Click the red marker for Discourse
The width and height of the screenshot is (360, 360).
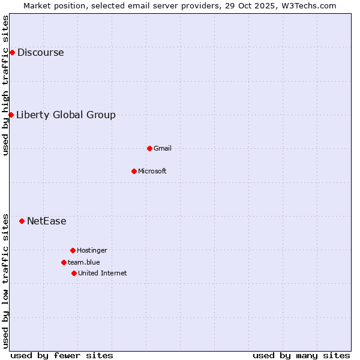pyautogui.click(x=12, y=52)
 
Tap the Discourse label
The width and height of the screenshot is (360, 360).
pyautogui.click(x=40, y=52)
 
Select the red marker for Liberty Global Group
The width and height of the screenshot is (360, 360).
pyautogui.click(x=11, y=115)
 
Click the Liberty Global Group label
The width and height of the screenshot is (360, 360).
pyautogui.click(x=66, y=115)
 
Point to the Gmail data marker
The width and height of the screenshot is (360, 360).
pyautogui.click(x=149, y=148)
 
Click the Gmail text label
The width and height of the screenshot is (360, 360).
pyautogui.click(x=163, y=148)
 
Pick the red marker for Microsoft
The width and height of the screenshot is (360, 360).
pyautogui.click(x=134, y=171)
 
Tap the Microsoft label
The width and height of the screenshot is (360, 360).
pyautogui.click(x=152, y=171)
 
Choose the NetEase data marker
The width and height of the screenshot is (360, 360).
pyautogui.click(x=22, y=221)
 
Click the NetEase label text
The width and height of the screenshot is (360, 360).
pyautogui.click(x=47, y=221)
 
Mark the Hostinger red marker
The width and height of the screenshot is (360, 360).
pyautogui.click(x=73, y=250)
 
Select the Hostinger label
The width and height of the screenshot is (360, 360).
pyautogui.click(x=92, y=250)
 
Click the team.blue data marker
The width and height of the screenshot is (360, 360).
pyautogui.click(x=64, y=262)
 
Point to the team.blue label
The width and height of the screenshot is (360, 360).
pyautogui.click(x=84, y=262)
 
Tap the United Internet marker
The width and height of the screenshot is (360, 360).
pyautogui.click(x=74, y=273)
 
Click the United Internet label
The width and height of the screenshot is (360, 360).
pyautogui.click(x=103, y=273)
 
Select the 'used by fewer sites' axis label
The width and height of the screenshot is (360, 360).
pyautogui.click(x=62, y=355)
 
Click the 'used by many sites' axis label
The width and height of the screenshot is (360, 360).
pyautogui.click(x=301, y=355)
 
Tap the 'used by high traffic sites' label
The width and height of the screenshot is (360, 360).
pyautogui.click(x=5, y=85)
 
